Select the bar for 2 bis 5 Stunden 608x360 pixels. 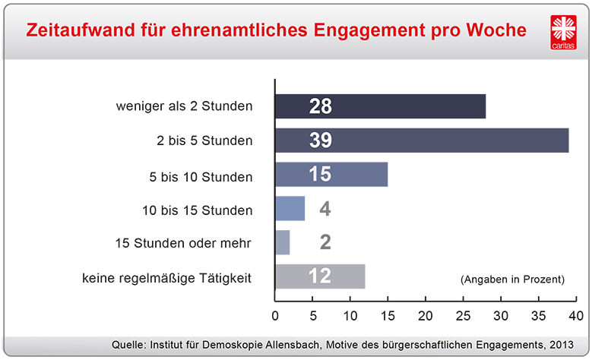[422, 141]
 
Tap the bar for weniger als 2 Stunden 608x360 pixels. [380, 106]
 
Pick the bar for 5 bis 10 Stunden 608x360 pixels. [331, 175]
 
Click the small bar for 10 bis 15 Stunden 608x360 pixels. [290, 209]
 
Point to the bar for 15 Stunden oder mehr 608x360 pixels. [282, 242]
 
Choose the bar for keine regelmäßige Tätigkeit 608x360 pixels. [320, 276]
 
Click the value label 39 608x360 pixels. [320, 141]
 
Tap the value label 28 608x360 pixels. [320, 106]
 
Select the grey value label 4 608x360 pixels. [325, 209]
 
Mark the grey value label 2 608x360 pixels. [325, 242]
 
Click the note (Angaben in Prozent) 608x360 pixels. [512, 279]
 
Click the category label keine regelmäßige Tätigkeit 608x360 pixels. [166, 278]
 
